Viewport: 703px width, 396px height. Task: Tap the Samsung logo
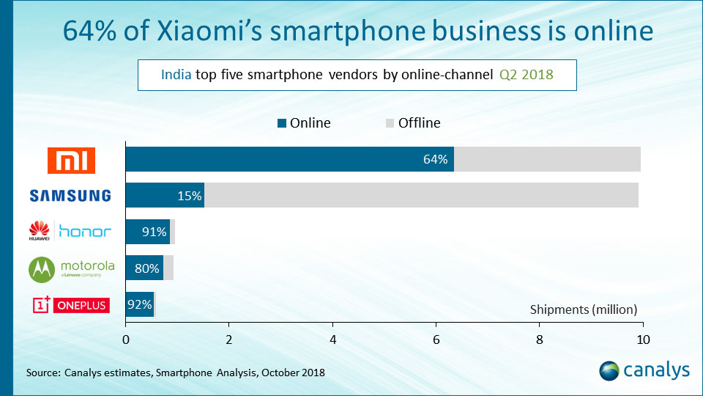pyautogui.click(x=70, y=196)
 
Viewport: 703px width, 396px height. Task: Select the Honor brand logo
pyautogui.click(x=70, y=232)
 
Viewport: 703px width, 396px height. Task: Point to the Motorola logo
pyautogui.click(x=70, y=268)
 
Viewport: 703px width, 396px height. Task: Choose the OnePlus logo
pyautogui.click(x=70, y=304)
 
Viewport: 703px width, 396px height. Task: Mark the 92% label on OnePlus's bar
pyautogui.click(x=139, y=304)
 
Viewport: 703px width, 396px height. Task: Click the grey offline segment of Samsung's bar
pyautogui.click(x=421, y=196)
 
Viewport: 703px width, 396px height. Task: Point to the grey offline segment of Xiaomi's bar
pyautogui.click(x=547, y=160)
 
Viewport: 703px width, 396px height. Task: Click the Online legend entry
pyautogui.click(x=304, y=123)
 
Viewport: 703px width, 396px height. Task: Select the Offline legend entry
pyautogui.click(x=412, y=123)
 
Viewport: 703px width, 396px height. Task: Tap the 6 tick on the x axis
pyautogui.click(x=436, y=340)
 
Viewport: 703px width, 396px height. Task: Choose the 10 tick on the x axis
pyautogui.click(x=642, y=340)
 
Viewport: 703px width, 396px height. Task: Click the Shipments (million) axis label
pyautogui.click(x=584, y=309)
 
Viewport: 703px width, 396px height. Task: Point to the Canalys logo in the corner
pyautogui.click(x=644, y=370)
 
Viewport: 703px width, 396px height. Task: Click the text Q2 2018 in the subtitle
pyautogui.click(x=527, y=75)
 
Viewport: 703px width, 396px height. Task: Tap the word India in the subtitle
pyautogui.click(x=177, y=75)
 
